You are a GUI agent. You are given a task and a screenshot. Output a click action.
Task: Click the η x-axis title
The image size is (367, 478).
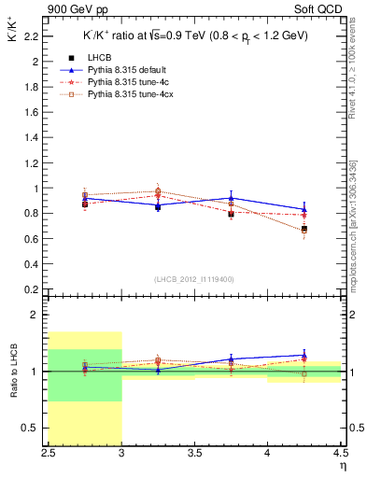pos(342,465)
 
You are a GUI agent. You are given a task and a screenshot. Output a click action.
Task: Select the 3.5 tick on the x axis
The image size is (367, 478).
pos(194,454)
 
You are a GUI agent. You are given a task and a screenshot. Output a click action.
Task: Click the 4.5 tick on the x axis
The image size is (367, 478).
pos(339,454)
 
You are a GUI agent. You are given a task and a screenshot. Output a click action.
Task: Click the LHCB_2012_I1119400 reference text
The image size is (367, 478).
pos(193,278)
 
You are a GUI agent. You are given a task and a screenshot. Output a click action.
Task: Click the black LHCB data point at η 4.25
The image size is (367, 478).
pos(303,229)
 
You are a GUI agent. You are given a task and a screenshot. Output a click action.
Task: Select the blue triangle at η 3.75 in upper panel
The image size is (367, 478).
pos(231,198)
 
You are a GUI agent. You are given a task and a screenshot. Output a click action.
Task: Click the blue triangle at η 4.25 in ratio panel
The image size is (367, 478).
pos(303,355)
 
